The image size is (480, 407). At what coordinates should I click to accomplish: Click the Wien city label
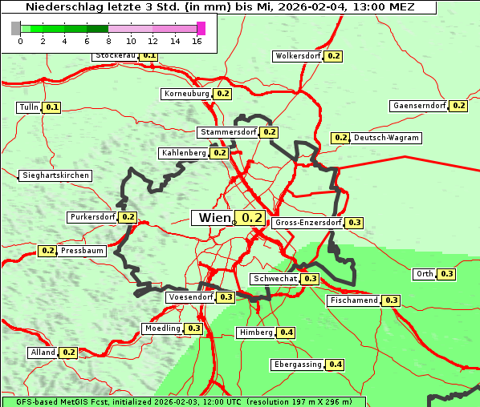(214, 218)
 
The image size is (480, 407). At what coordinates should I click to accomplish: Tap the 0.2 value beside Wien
(252, 218)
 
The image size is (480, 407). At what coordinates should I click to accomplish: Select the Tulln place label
(29, 107)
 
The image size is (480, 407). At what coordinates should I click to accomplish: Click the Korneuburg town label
(187, 94)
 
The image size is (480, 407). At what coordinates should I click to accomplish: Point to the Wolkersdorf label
(298, 57)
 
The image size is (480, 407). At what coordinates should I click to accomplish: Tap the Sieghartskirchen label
(55, 175)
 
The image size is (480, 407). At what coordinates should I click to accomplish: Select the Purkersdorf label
(93, 217)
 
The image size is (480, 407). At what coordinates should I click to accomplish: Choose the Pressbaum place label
(83, 251)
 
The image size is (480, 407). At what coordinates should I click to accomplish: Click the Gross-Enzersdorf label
(308, 223)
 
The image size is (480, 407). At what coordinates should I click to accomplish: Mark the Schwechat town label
(275, 279)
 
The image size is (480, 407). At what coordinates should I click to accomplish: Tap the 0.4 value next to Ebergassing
(336, 365)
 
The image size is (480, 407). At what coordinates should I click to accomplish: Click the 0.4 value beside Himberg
(287, 332)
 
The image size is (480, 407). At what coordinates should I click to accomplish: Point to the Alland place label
(43, 353)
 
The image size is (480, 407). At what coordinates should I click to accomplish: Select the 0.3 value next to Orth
(447, 274)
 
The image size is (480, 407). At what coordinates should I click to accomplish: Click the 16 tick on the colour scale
(197, 41)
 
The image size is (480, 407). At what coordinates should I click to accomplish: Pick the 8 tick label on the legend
(108, 41)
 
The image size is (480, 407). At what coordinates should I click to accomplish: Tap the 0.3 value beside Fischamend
(391, 300)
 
